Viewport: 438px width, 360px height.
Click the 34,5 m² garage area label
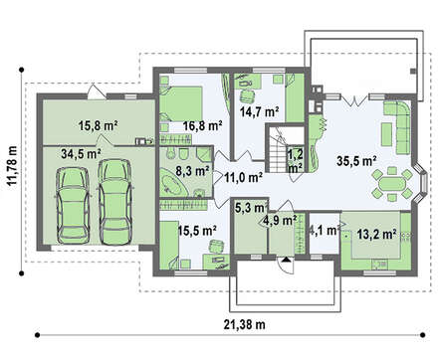coord(82,153)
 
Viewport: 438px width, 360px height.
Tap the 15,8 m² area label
coord(99,125)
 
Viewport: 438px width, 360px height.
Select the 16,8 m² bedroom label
coord(203,125)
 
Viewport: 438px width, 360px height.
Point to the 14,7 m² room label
coord(259,111)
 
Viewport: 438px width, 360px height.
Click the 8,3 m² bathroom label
coord(192,171)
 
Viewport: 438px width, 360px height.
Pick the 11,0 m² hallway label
coord(244,178)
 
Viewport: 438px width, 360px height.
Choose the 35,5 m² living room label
coord(356,161)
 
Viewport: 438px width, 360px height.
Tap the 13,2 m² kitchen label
coord(377,235)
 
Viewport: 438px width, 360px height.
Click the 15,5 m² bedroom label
coord(197,230)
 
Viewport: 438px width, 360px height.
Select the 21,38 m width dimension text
coord(245,324)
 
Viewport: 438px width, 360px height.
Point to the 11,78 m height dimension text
coord(13,170)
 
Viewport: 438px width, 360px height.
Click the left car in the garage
coord(73,205)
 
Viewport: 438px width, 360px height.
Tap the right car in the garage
coord(115,202)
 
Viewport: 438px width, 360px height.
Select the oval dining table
coord(392,184)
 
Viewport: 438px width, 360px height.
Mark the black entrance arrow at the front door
coord(286,260)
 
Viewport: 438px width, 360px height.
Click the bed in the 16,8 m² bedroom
coord(181,103)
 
